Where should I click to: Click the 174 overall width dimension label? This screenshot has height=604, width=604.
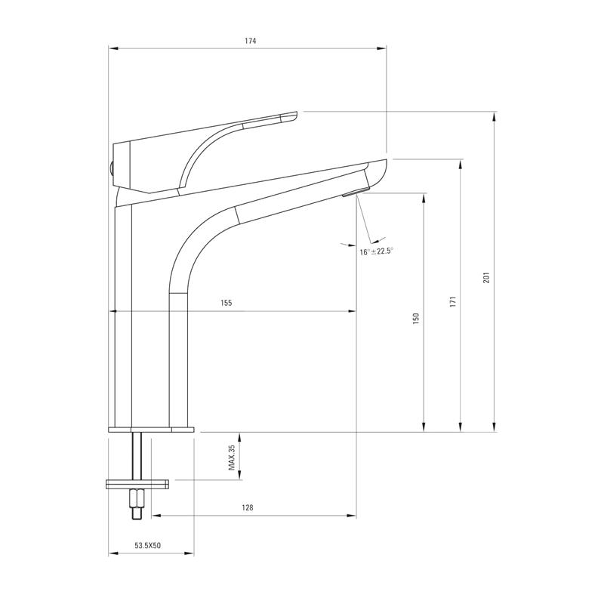pos(250,41)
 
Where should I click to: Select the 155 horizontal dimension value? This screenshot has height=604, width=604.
pos(226,303)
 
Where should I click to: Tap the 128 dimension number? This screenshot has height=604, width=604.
pos(247,508)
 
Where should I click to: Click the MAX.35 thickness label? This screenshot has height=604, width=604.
pos(233,457)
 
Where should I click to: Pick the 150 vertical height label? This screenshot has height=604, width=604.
pos(415,319)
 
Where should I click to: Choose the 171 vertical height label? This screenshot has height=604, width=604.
pos(451,300)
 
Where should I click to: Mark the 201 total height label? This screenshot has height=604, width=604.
pos(487,277)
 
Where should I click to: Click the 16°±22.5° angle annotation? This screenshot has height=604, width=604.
pos(377,251)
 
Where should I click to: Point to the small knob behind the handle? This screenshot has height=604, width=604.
pos(110,170)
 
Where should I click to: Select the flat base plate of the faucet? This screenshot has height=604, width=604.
pos(151,429)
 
